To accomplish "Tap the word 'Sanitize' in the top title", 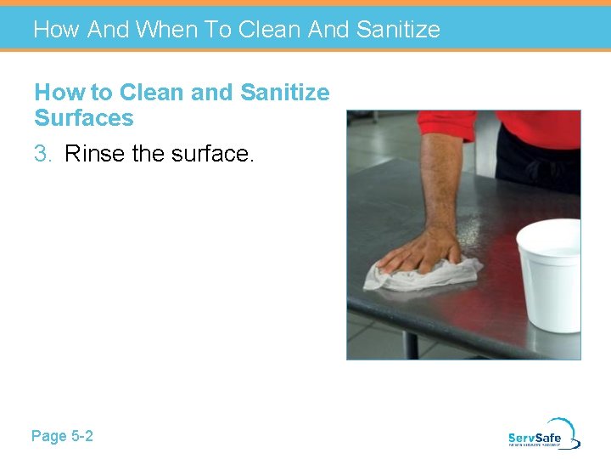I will coord(398,30).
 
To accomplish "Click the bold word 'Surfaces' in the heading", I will coord(84,118).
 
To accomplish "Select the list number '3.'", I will coord(45,154).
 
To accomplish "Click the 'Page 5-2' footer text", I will coord(62,436).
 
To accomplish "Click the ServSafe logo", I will coord(543,434).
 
